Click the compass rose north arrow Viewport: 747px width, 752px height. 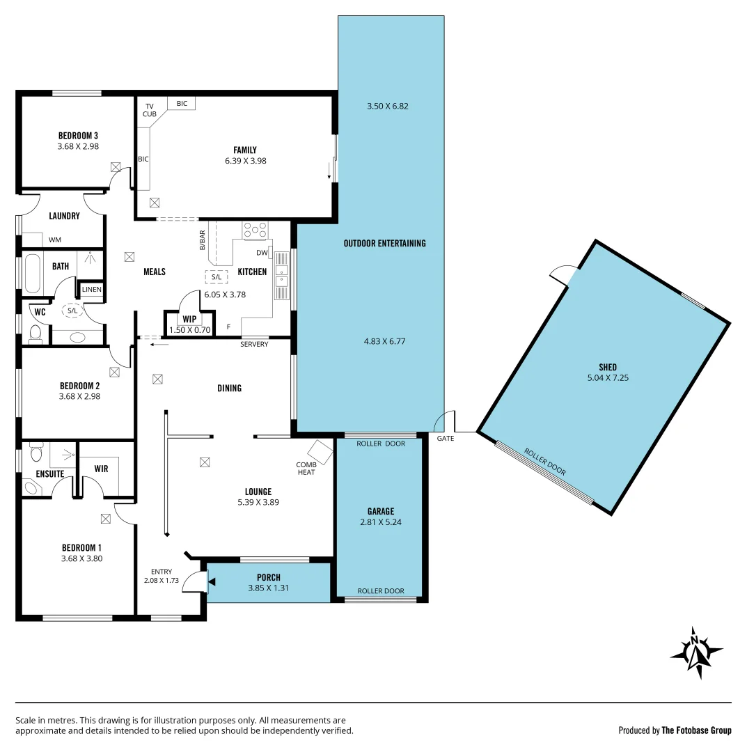[695, 652]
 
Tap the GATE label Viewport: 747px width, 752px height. [445, 439]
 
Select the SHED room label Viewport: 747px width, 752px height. [607, 367]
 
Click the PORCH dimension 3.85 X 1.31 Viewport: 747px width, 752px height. [268, 588]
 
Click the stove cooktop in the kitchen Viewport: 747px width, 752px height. [255, 230]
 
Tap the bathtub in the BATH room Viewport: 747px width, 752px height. [33, 274]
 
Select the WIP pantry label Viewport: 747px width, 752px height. [189, 319]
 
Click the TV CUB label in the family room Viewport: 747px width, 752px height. [150, 110]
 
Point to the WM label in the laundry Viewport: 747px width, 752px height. [55, 240]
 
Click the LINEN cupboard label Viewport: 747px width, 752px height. [91, 289]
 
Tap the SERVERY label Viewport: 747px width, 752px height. [254, 345]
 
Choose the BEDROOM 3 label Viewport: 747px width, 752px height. [78, 135]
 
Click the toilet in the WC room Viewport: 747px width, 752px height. [36, 335]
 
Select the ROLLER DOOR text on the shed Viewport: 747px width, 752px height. [545, 462]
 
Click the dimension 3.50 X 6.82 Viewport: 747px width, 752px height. [387, 107]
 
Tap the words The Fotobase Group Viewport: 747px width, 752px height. [695, 730]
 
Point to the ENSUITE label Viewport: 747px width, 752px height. [50, 474]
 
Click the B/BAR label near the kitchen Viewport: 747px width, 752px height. [203, 240]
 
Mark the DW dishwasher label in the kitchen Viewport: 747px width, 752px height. [261, 253]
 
